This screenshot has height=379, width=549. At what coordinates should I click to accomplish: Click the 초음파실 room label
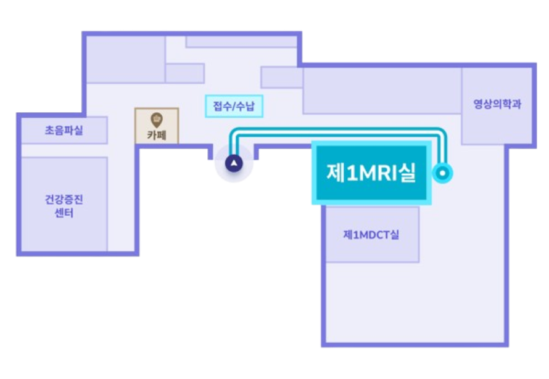(x=64, y=131)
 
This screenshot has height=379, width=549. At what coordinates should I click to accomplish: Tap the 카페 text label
(x=157, y=136)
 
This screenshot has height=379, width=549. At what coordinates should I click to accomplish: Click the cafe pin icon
(x=157, y=120)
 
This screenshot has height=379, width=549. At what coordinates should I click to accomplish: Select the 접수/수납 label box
(x=234, y=106)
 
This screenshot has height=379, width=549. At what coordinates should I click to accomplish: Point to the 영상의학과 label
(x=497, y=104)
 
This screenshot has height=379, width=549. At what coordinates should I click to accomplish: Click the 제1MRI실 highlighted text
(x=371, y=173)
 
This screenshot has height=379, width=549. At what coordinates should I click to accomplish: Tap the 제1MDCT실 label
(x=371, y=235)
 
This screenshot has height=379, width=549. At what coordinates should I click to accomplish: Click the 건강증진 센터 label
(x=64, y=206)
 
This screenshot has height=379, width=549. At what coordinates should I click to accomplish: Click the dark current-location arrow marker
(x=234, y=163)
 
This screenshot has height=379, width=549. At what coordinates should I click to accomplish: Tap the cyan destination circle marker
(x=442, y=173)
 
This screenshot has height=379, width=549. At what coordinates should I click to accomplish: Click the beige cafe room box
(x=157, y=126)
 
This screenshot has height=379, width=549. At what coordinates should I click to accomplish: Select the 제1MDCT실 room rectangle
(x=373, y=234)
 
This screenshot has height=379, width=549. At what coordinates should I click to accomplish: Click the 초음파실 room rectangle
(x=64, y=130)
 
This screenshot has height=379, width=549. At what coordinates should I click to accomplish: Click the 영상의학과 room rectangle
(x=497, y=106)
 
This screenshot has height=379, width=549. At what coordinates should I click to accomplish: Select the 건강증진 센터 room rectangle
(x=64, y=204)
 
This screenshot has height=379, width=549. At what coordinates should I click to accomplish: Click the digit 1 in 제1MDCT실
(x=356, y=235)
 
